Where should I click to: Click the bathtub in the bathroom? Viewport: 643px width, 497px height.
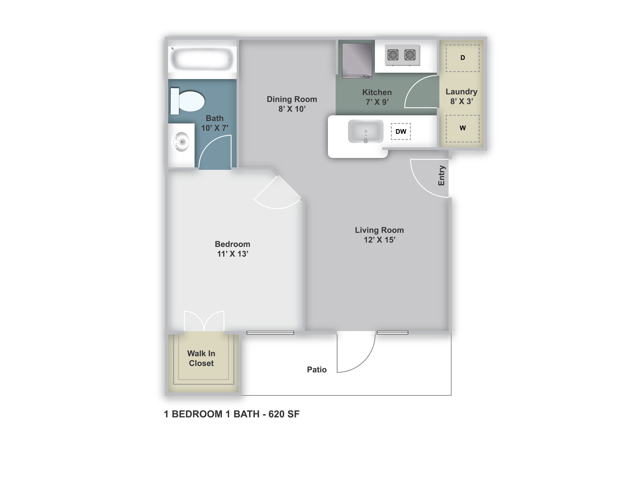coord(202,59)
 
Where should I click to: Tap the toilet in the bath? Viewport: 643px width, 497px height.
coord(187,101)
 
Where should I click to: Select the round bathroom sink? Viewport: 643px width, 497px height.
coord(181,142)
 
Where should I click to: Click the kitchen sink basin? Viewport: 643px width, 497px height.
coord(366,131)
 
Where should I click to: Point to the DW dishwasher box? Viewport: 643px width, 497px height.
coord(401,131)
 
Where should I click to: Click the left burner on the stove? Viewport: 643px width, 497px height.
coord(393,55)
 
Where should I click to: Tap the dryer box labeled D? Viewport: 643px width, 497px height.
coord(463,58)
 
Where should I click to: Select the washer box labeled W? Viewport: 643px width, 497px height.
coord(463,128)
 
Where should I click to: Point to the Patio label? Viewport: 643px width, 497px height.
coord(317,370)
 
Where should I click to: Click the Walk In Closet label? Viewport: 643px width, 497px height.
coord(201,358)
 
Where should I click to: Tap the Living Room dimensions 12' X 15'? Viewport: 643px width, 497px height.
coord(380,240)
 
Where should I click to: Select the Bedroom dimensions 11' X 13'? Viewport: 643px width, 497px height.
coord(233,254)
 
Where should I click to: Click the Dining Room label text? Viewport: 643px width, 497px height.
coord(292,99)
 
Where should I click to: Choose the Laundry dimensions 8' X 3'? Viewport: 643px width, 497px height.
coord(462,101)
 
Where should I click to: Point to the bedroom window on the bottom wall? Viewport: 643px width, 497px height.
coord(270,333)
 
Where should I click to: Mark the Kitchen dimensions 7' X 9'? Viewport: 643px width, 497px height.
coord(377,102)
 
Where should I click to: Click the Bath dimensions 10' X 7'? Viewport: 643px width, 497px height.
coord(215,128)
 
